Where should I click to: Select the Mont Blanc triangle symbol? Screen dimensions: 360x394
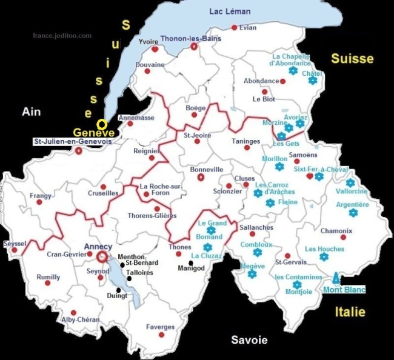(336, 278)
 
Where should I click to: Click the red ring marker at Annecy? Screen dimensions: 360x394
(102, 257)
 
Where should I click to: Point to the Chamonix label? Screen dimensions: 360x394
(336, 231)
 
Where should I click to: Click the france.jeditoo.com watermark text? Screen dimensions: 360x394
(62, 36)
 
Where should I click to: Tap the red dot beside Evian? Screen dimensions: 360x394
(234, 27)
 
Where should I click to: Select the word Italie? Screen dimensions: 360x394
(350, 312)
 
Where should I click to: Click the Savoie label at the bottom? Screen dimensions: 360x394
(249, 340)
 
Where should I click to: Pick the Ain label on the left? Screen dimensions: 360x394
(31, 112)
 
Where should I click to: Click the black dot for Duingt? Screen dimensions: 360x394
(118, 290)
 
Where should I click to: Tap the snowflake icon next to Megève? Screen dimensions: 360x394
(252, 275)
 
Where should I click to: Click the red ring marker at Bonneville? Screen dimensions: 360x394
(201, 178)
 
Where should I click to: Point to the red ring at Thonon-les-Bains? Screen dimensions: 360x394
(194, 46)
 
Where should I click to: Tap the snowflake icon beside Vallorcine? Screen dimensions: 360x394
(350, 182)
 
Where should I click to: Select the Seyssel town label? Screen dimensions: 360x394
(15, 243)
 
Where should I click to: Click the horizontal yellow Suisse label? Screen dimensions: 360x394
(352, 58)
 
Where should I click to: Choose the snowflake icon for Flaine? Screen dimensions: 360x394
(270, 203)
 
